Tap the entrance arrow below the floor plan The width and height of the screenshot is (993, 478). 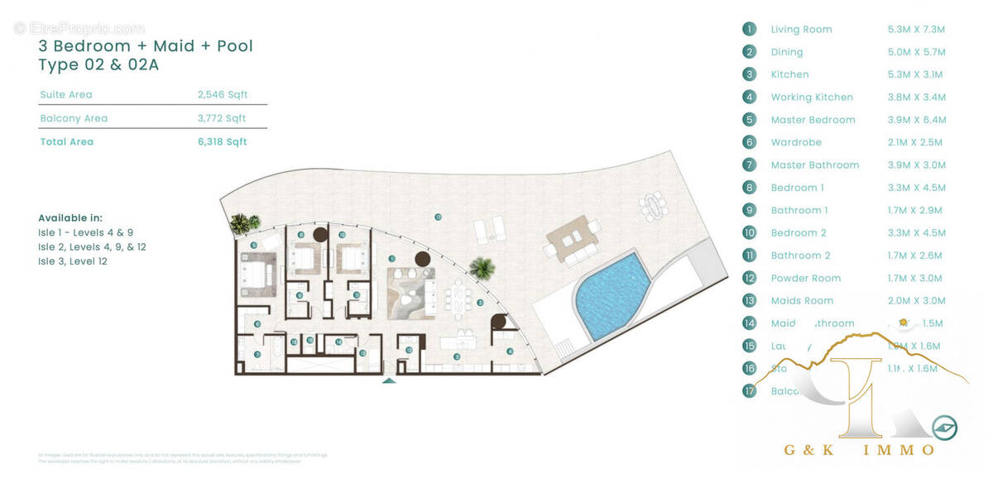click(x=389, y=380)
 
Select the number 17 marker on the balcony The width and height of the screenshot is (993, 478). click(x=438, y=217)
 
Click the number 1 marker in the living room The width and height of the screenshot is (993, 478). click(x=425, y=272)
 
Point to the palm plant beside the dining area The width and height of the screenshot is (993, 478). click(x=481, y=268)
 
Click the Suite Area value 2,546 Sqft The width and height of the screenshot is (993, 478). click(x=222, y=95)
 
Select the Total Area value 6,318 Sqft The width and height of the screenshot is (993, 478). click(x=222, y=141)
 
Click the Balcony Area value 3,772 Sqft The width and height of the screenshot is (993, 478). click(x=222, y=118)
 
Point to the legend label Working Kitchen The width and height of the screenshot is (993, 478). click(x=811, y=98)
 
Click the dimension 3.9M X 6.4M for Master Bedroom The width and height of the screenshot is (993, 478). click(x=915, y=120)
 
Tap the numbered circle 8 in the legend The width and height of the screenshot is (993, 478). click(x=750, y=188)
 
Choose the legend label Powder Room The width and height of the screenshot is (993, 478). click(x=805, y=278)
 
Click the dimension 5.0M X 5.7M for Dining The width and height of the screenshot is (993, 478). click(x=915, y=52)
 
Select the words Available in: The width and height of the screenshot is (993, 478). click(x=70, y=218)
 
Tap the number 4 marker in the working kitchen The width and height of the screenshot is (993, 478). click(x=510, y=351)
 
